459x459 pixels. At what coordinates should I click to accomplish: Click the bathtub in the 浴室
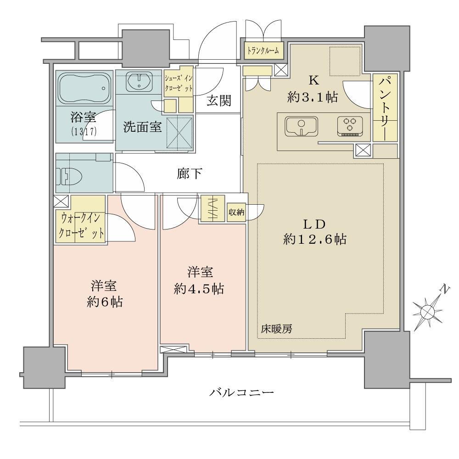click(85, 88)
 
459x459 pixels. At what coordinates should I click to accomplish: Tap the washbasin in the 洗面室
click(139, 81)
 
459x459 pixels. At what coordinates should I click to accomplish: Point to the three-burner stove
click(350, 126)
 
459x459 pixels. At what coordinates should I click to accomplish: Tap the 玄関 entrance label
click(218, 101)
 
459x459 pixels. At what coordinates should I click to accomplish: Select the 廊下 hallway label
click(190, 174)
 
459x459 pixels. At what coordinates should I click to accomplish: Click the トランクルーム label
click(263, 51)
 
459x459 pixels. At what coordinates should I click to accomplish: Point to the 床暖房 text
click(277, 329)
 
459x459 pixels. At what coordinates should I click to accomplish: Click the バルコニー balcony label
click(241, 392)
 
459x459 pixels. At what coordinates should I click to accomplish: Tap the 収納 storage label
click(236, 212)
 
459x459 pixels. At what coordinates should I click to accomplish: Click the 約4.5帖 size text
click(199, 289)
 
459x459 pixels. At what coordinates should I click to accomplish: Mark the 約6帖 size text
click(105, 302)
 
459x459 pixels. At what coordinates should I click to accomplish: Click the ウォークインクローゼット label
click(81, 226)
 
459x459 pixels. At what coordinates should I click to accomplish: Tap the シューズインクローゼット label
click(178, 83)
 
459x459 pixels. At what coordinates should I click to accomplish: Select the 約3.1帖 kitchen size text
click(313, 97)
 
